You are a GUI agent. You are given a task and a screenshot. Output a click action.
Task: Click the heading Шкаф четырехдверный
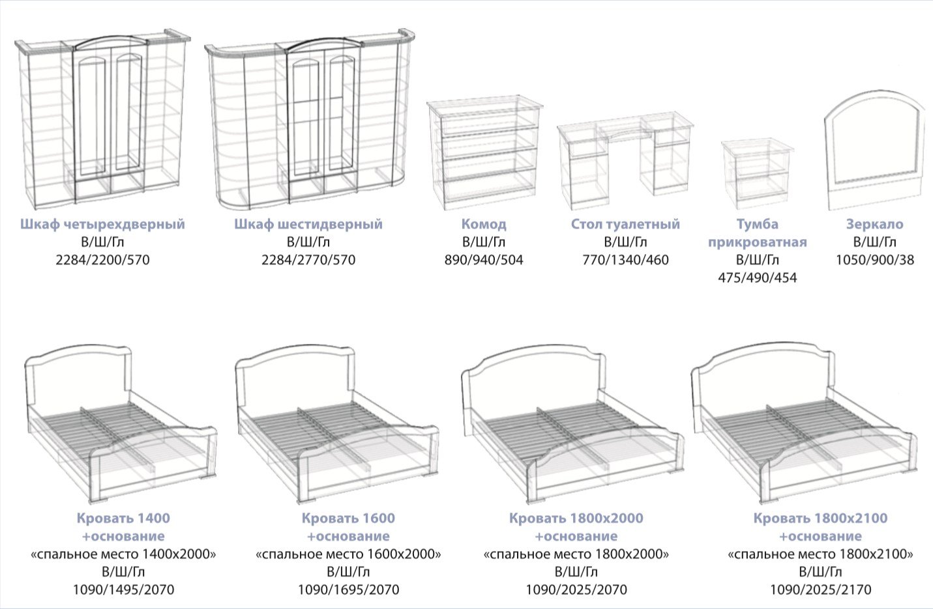(x=102, y=224)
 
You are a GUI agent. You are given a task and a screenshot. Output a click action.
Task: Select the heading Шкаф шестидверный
(x=308, y=224)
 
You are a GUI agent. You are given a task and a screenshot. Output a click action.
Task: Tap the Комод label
(x=484, y=224)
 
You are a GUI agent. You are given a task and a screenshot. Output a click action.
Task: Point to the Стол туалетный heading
(x=625, y=224)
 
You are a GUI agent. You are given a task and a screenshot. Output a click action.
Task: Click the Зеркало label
(x=875, y=224)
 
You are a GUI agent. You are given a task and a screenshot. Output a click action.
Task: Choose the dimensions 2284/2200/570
(x=102, y=260)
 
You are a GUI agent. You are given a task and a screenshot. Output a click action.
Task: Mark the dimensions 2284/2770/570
(x=308, y=260)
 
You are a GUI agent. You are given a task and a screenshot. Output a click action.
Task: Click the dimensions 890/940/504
(x=484, y=260)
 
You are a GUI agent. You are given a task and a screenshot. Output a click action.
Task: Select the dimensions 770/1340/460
(x=625, y=260)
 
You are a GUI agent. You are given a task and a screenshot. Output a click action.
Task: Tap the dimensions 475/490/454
(x=757, y=278)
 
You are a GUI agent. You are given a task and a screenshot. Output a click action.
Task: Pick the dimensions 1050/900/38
(x=875, y=260)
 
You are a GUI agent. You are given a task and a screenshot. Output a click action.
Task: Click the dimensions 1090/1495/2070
(x=123, y=590)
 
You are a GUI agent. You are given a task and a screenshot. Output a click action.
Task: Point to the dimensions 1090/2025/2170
(x=820, y=590)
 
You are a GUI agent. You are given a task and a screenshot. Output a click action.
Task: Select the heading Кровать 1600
(x=348, y=518)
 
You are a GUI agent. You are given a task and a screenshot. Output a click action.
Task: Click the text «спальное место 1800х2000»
(x=576, y=554)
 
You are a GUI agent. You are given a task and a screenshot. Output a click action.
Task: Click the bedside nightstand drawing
(x=757, y=174)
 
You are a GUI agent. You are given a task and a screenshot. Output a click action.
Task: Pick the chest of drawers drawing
(x=485, y=153)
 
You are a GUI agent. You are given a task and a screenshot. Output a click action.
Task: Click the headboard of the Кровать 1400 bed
(x=78, y=378)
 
